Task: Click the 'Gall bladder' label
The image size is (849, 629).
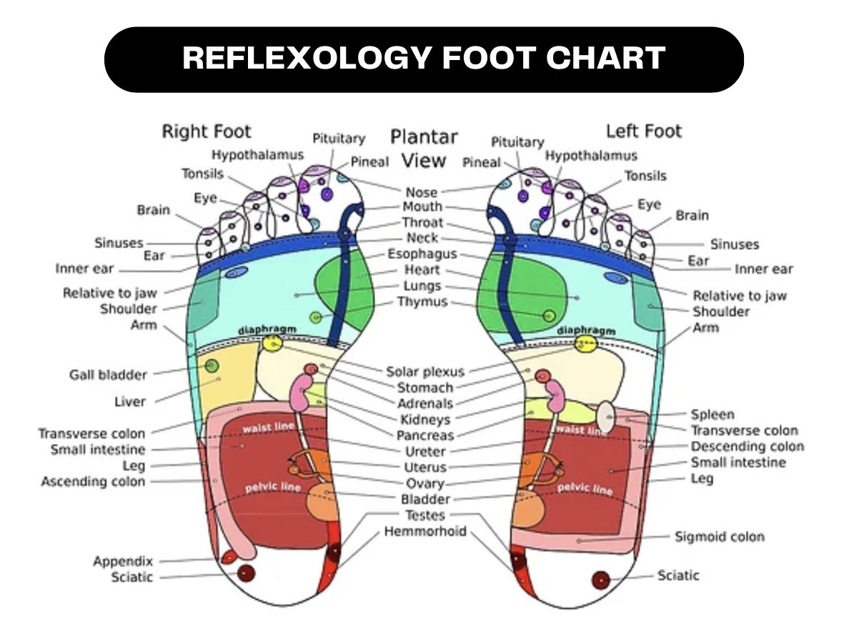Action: pos(109,375)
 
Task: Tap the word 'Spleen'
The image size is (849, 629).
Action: pos(713,415)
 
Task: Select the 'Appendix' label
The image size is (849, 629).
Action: pos(123,561)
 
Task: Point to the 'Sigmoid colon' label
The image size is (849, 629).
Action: pos(720,537)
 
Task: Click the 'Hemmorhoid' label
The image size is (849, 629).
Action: pos(425,532)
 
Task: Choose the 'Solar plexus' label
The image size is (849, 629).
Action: pos(425,372)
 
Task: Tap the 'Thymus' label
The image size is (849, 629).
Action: pos(422,302)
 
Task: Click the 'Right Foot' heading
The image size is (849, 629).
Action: pos(207,131)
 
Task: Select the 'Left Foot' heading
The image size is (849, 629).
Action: pos(644,131)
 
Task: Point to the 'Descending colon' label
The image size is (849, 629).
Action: pos(748,447)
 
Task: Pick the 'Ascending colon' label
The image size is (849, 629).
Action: pos(93,482)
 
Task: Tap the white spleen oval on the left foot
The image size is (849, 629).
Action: pos(607,417)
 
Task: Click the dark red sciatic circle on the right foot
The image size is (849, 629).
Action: pos(246,573)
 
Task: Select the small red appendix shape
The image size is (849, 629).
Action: pos(228,556)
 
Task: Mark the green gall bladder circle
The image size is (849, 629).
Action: pos(212,366)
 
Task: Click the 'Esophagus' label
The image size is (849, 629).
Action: pos(422,254)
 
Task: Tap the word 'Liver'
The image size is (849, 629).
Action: pos(130,402)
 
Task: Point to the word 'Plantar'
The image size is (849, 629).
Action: pos(424,138)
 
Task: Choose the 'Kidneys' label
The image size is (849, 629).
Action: pos(425,420)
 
